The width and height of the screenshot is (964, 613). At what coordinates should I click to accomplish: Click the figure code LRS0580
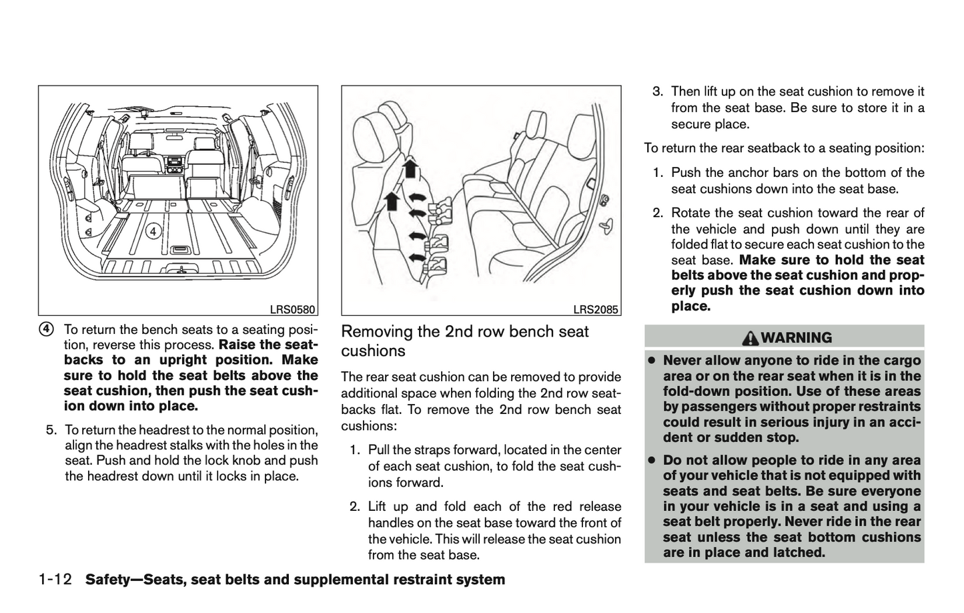(292, 309)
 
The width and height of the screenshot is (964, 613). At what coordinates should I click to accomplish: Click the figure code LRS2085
(596, 309)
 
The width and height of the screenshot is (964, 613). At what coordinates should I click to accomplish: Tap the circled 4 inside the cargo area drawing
(153, 231)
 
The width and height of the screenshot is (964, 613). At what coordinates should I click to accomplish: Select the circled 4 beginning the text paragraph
(45, 330)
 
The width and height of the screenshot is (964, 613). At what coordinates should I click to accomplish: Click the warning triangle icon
(751, 338)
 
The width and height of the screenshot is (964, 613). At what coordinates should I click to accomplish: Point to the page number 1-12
(55, 580)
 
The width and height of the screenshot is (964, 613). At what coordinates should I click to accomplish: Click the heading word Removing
(374, 332)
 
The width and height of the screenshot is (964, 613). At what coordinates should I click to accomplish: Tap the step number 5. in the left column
(51, 430)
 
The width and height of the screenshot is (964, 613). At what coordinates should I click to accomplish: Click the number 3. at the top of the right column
(658, 91)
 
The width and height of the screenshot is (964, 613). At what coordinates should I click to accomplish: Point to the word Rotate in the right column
(690, 213)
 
